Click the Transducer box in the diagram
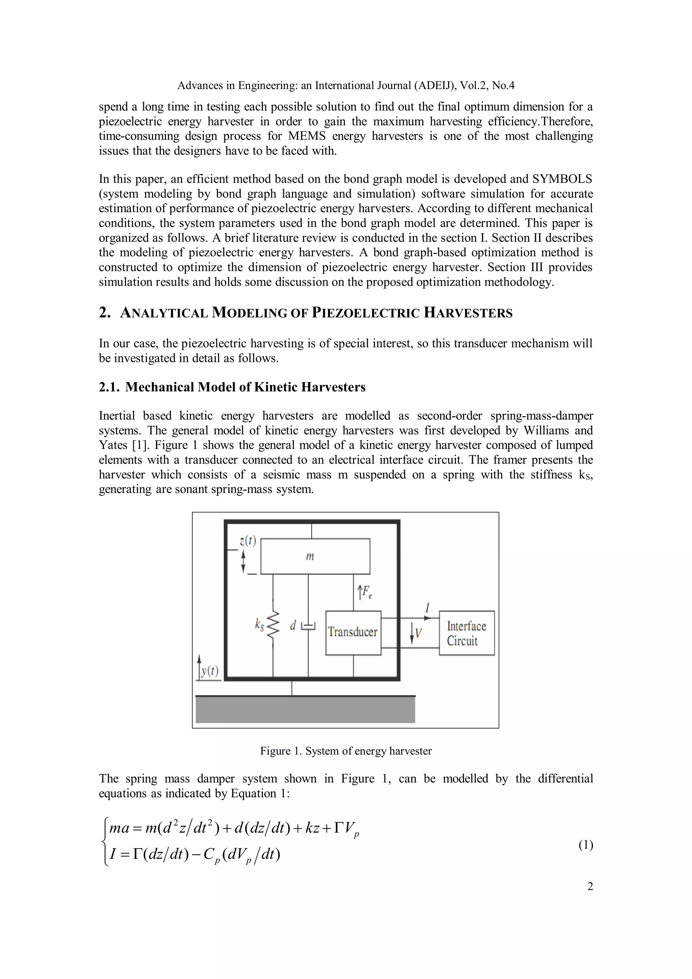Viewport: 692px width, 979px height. (353, 633)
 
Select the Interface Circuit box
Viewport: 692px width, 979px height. (466, 633)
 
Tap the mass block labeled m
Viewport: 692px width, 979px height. (315, 556)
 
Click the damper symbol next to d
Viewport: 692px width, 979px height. (308, 626)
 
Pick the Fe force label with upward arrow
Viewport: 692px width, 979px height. (365, 592)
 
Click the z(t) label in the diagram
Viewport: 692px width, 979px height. (247, 541)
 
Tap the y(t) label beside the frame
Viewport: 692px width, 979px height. (209, 671)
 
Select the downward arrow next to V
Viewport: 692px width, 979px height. (412, 633)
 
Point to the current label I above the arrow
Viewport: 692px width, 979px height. (427, 607)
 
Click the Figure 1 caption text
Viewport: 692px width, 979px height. (346, 751)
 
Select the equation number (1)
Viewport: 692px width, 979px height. (586, 845)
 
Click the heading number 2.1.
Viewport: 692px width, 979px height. (109, 387)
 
